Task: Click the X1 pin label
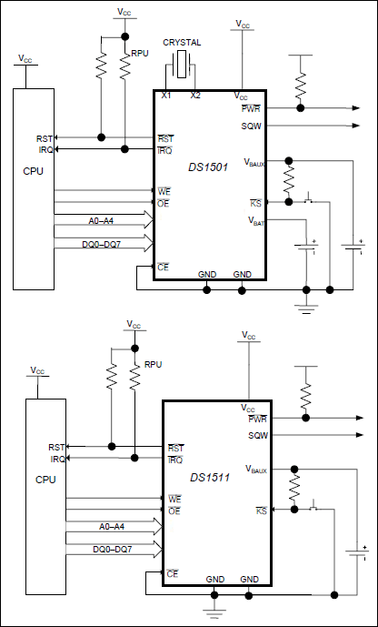tap(166, 95)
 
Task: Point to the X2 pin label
tap(195, 95)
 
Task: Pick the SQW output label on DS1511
tap(258, 436)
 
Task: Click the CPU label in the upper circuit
tap(33, 170)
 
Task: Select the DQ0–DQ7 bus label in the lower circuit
tap(113, 549)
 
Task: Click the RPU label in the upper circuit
tap(140, 55)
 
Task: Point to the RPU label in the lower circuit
tap(152, 365)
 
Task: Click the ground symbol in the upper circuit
tap(303, 309)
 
